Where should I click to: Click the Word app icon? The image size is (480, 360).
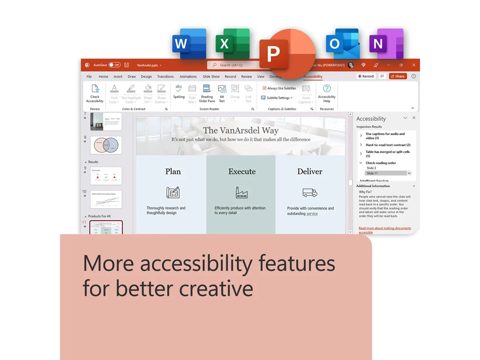pos(189,43)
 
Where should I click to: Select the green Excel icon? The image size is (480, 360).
pos(232,43)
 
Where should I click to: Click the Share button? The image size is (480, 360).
pos(397,76)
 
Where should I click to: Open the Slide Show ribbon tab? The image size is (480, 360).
pos(211,76)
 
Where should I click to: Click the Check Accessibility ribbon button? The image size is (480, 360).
pos(95,93)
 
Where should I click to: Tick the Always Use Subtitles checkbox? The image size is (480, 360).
pos(264,88)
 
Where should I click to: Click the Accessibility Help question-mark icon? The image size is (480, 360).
pos(327,88)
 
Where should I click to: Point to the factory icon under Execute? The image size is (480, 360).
pos(241,192)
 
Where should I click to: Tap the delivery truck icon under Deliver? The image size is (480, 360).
pos(310,193)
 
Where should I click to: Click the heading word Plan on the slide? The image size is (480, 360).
pos(173,171)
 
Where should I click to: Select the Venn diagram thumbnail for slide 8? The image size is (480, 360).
pos(106,145)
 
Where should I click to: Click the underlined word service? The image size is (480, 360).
pos(312,214)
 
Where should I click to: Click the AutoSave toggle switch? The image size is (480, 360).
pos(114,65)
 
